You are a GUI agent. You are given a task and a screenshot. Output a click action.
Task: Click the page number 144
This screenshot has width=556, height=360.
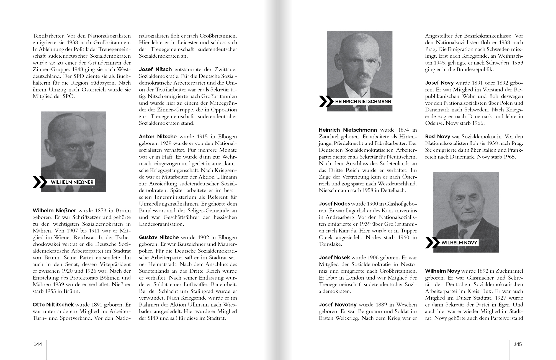point(38,344)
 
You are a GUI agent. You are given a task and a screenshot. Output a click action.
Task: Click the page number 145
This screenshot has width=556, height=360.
point(518,344)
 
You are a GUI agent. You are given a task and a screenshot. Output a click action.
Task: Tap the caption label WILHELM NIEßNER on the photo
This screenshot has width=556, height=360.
point(72,182)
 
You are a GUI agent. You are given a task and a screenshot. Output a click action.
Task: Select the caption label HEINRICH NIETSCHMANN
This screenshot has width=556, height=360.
point(363,102)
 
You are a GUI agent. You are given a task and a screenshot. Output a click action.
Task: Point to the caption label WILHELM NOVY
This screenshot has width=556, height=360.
point(459,243)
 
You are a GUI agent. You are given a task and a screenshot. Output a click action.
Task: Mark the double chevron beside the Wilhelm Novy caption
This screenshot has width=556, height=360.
point(432,243)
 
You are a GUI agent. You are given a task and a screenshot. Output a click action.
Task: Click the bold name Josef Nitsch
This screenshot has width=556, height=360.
point(155,69)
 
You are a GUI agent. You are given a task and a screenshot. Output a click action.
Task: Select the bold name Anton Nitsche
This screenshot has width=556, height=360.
point(158,137)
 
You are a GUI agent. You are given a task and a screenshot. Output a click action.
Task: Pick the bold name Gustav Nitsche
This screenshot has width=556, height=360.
point(159,238)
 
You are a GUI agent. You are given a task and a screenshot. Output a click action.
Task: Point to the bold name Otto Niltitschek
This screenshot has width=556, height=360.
point(53,305)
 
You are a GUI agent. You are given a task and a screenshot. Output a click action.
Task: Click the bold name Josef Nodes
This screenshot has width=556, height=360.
point(334,204)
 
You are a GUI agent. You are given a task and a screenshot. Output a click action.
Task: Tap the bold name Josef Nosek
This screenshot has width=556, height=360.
point(334,258)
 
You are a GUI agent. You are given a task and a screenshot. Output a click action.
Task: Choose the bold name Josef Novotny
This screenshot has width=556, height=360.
point(338,305)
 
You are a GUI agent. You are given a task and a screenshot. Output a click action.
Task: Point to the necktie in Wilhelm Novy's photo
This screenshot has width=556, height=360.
point(462,235)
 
